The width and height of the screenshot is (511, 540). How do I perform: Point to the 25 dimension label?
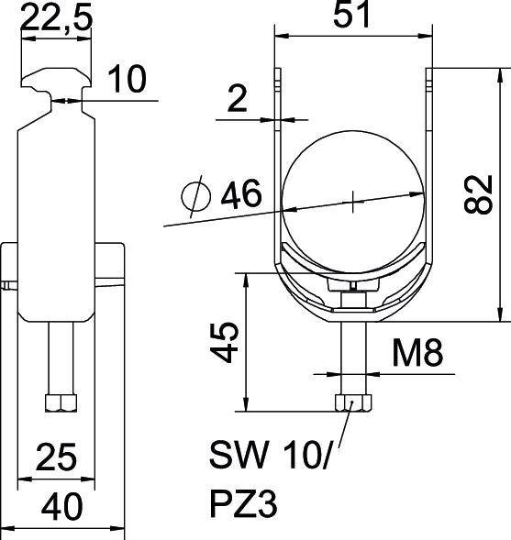pyautogui.click(x=56, y=456)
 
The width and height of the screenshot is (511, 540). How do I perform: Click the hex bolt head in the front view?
pyautogui.click(x=352, y=403)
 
